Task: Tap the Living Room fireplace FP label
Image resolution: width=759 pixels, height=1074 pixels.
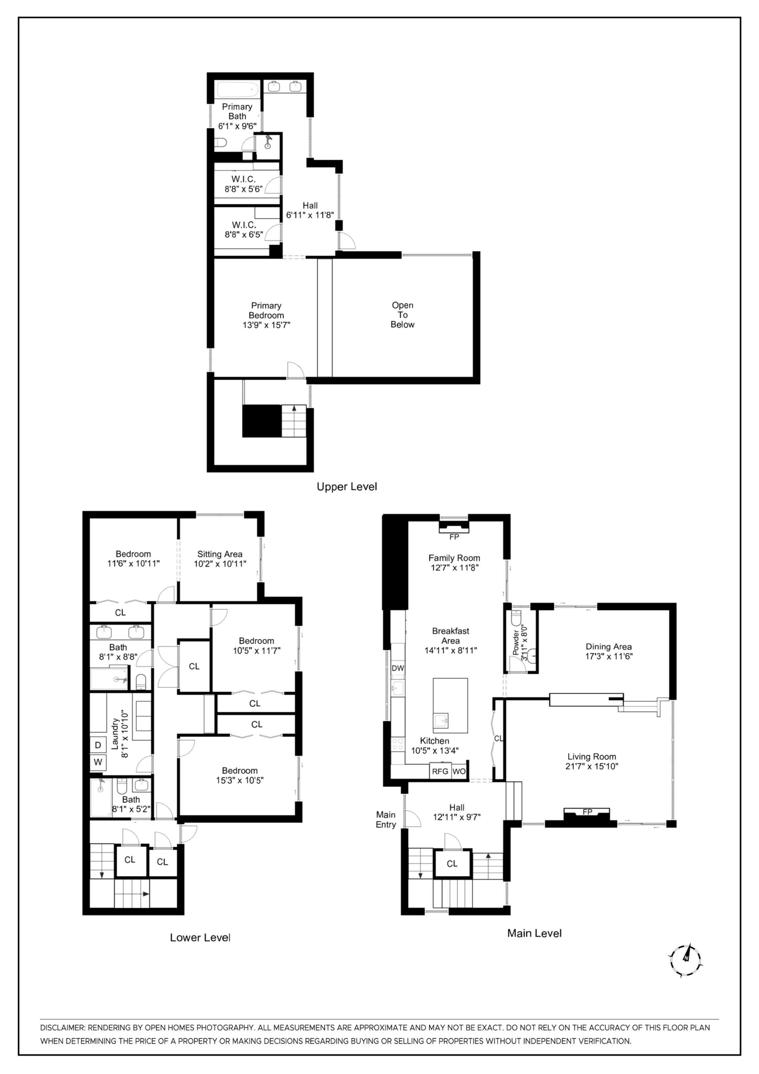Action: coord(587,812)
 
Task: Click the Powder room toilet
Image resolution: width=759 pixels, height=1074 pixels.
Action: coord(516,618)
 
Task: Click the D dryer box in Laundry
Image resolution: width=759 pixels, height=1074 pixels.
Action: coord(98,745)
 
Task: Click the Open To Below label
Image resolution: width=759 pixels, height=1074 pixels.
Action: coord(402,315)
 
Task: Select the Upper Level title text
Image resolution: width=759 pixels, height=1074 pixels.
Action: coord(347,486)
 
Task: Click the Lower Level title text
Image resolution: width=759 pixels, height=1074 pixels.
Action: coord(200,938)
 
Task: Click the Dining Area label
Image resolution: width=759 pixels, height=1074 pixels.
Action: coord(608,646)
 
